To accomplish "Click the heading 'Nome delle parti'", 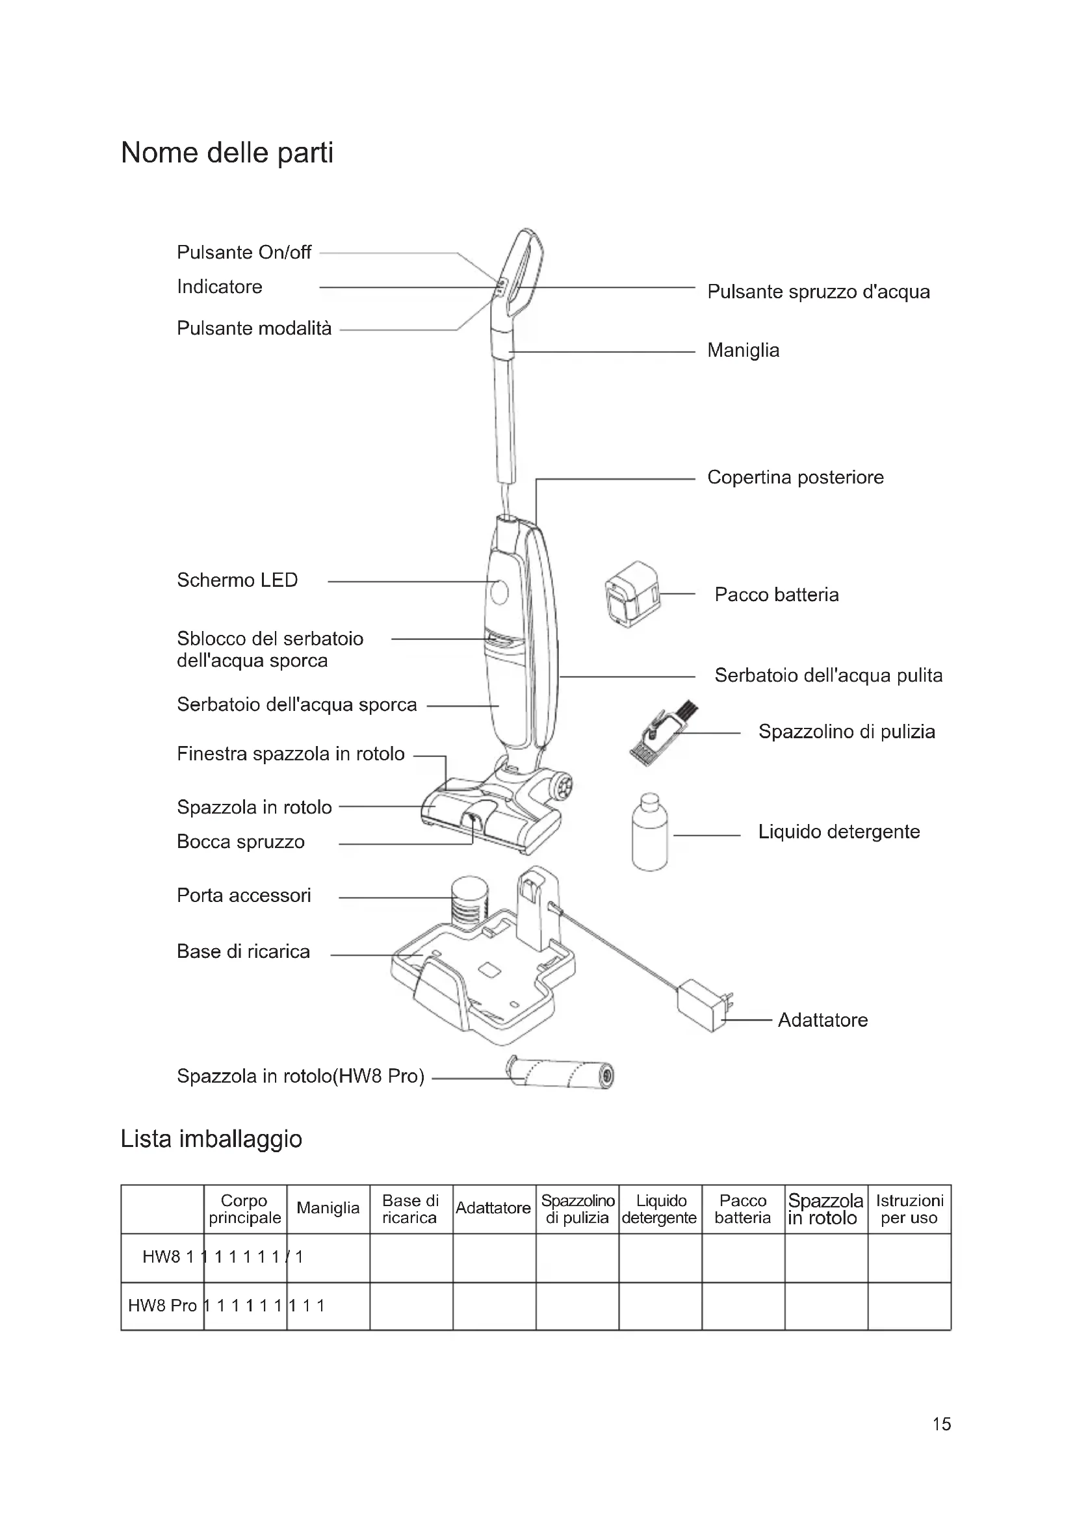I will tap(227, 153).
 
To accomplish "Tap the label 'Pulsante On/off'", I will tap(244, 252).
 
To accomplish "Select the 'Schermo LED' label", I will tap(237, 580).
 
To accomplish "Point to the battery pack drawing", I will tap(632, 594).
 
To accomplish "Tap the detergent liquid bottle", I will tap(649, 833).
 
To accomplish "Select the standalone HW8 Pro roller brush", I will tap(560, 1072).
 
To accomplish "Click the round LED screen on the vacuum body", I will tap(500, 591).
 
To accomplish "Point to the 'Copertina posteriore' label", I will tap(795, 478).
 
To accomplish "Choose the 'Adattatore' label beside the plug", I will tap(822, 1020).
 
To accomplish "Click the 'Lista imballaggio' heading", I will tap(211, 1139).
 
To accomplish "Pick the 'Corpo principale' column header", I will tap(245, 1209).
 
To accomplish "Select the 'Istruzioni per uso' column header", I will tap(909, 1209).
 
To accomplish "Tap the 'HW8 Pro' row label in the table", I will tap(162, 1306).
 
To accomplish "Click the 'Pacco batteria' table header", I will tap(743, 1209).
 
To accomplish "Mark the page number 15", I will tap(941, 1424).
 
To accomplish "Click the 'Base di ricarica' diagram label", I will tap(243, 951).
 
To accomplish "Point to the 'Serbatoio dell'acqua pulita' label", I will tap(828, 675).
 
